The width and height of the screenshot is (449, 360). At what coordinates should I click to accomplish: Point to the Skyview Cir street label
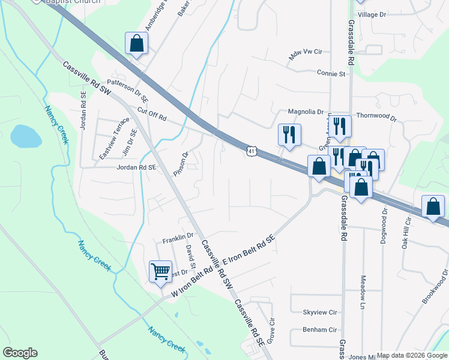tap(320, 313)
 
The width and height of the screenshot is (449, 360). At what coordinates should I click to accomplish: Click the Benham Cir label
tap(320, 329)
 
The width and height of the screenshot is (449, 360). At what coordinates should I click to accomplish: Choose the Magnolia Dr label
tap(306, 112)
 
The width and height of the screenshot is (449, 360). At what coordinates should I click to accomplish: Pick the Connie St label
tap(331, 74)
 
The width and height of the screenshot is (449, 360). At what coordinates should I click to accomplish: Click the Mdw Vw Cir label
tap(305, 55)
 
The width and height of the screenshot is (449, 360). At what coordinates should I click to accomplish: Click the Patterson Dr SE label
tap(127, 88)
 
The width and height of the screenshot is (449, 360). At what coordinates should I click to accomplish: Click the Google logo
tap(20, 353)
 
